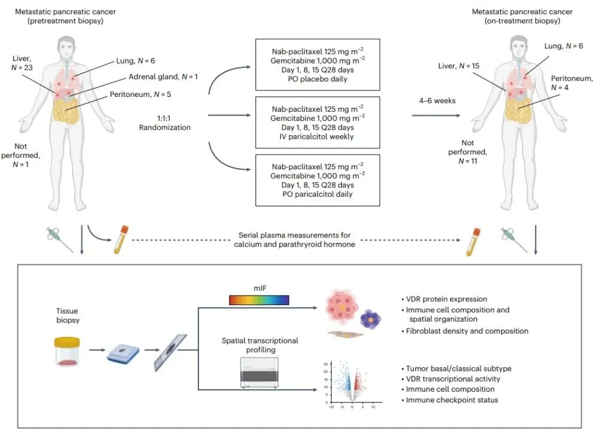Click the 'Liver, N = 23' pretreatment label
tap(22, 63)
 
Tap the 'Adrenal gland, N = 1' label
tap(163, 77)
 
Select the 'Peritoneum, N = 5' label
tap(141, 94)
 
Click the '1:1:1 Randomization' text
tap(165, 123)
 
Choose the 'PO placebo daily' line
tap(318, 79)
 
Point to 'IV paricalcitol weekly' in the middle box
tap(316, 136)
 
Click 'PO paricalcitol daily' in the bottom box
tap(318, 194)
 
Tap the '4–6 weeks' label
tap(437, 100)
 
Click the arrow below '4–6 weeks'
tap(437, 115)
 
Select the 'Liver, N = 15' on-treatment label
tap(459, 66)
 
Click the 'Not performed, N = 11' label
tap(468, 152)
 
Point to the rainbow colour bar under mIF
tap(259, 300)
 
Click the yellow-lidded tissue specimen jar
tap(67, 351)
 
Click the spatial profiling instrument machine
tap(260, 373)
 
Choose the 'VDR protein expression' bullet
tap(444, 299)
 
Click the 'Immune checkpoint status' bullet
tap(450, 400)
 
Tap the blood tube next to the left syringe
tap(121, 240)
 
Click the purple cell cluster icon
tap(370, 319)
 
